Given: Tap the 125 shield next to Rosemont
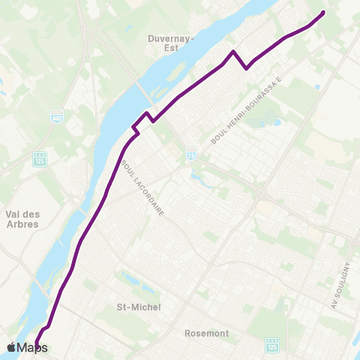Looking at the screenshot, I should pos(271,344).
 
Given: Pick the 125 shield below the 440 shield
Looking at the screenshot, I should pos(40,159).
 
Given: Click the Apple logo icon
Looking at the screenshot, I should pos(11,347).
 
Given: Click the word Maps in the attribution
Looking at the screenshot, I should pos(33,347).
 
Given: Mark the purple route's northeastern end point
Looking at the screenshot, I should pos(323,13).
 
